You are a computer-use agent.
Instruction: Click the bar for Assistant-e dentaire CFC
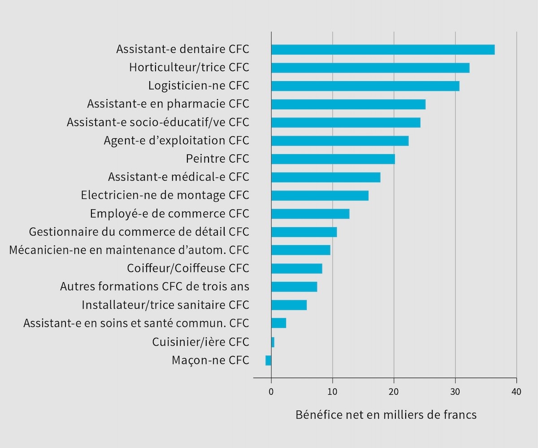point(383,49)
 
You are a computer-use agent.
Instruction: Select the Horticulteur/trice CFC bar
point(370,68)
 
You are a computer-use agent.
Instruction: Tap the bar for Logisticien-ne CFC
point(365,86)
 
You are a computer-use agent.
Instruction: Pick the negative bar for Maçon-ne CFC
point(269,360)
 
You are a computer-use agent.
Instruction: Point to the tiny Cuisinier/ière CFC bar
point(273,342)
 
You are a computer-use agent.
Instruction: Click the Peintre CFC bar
point(333,159)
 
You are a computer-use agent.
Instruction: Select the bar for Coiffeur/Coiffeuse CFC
point(297,268)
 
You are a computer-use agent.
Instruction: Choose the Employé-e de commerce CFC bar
point(310,214)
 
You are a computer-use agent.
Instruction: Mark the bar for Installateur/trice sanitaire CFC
point(289,305)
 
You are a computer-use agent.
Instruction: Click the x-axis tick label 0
point(271,392)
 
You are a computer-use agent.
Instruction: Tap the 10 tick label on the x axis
point(333,392)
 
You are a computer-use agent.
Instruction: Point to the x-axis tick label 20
point(394,392)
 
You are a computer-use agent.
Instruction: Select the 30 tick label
point(456,392)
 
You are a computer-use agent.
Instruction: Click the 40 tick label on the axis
point(516,392)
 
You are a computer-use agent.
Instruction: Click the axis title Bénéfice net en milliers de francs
point(386,415)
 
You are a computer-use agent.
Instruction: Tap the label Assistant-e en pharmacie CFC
point(168,104)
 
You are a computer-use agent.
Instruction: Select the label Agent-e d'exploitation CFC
point(176,141)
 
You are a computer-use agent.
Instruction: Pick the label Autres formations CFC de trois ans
point(155,286)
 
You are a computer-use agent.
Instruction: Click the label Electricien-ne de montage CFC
point(165,195)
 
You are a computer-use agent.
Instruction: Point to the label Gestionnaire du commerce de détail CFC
point(139,232)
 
